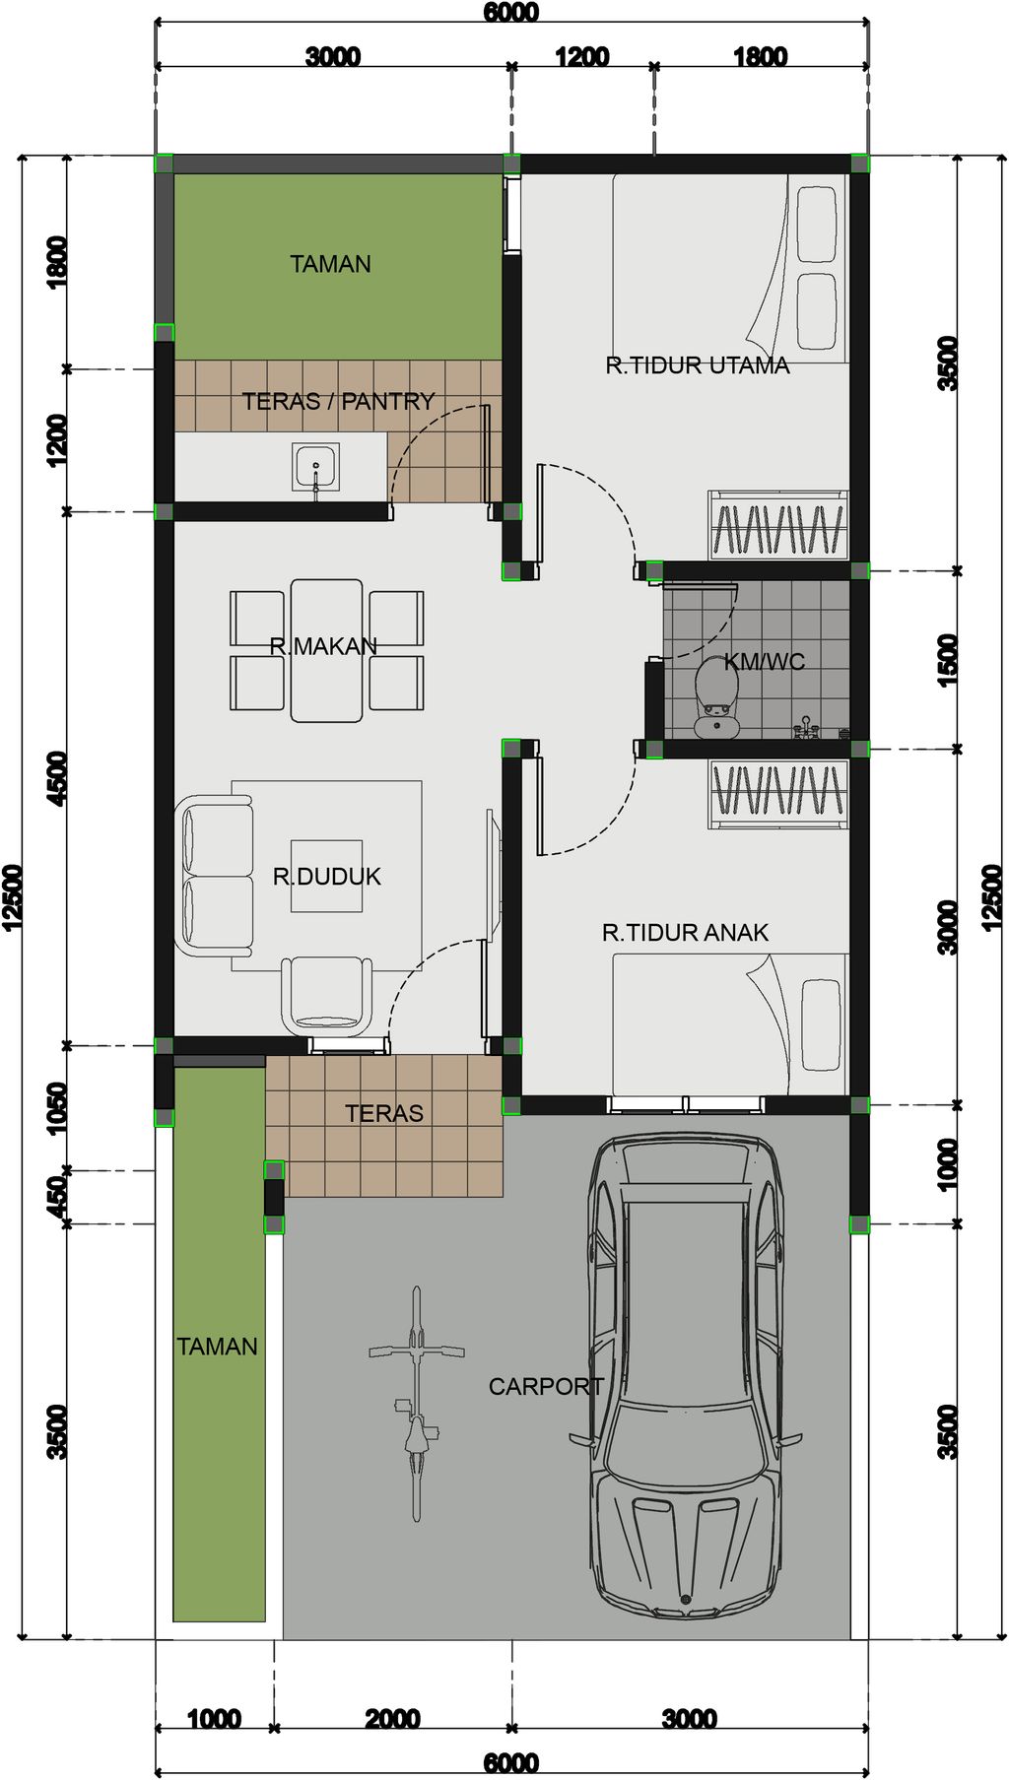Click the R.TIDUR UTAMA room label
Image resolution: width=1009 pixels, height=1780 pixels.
tap(698, 365)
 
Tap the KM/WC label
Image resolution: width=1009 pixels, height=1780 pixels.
tap(765, 662)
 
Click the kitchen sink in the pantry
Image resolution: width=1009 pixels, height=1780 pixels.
tap(315, 466)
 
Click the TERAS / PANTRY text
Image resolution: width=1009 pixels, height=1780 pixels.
tap(338, 402)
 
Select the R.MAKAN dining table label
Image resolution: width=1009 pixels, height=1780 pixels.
tap(323, 647)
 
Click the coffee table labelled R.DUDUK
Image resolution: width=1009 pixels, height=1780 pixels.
tap(326, 877)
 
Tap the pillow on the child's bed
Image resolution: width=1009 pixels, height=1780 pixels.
tap(821, 1024)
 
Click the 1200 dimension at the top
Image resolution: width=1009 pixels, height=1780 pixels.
tap(581, 57)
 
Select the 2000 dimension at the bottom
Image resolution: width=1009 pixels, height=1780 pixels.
tap(392, 1719)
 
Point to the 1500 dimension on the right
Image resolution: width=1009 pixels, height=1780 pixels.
tap(947, 660)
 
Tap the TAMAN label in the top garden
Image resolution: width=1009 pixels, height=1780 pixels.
tap(330, 264)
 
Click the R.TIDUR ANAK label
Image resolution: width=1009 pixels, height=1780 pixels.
tap(685, 932)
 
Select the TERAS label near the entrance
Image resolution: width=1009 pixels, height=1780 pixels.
tap(383, 1113)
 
